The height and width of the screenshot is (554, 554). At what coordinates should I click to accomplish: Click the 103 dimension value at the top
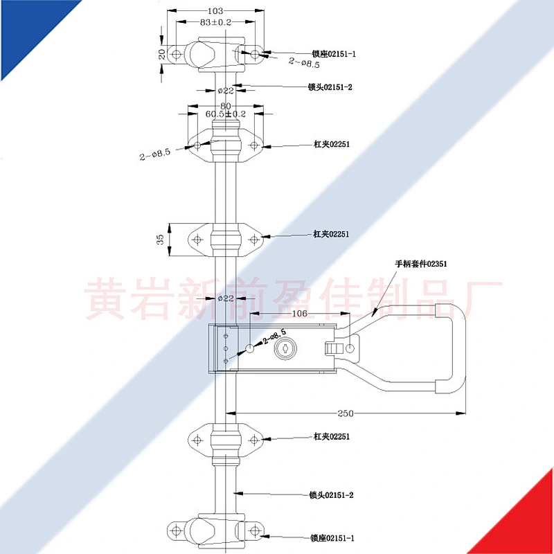coord(215,11)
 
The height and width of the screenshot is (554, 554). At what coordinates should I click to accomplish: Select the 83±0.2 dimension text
coord(215,22)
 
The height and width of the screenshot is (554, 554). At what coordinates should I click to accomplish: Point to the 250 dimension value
coord(345,413)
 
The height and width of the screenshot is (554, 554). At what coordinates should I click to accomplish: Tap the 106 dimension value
coord(300,314)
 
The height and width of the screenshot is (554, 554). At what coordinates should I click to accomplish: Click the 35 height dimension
coord(161,240)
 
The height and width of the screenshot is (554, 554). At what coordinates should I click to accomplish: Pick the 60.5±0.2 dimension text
coord(226,114)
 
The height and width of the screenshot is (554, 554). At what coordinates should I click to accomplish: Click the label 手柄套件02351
coord(421,264)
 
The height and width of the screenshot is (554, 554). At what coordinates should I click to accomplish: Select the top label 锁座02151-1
coord(334,54)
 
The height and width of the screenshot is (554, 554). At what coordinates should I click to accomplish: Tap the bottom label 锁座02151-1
coord(332,538)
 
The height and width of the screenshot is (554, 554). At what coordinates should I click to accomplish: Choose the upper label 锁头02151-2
coord(330,87)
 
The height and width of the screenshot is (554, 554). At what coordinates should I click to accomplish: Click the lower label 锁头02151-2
coord(332,495)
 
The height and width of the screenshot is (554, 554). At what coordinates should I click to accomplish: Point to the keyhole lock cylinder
coord(285,349)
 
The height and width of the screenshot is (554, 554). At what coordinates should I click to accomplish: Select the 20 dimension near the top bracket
coord(162,54)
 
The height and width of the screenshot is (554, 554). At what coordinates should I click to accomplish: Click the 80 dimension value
coord(226,106)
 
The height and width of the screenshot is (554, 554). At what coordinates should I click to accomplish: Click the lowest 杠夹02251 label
coord(332,436)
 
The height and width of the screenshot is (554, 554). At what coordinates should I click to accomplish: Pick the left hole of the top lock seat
coord(177,55)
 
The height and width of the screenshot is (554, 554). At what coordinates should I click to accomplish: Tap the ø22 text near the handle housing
coord(226,298)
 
